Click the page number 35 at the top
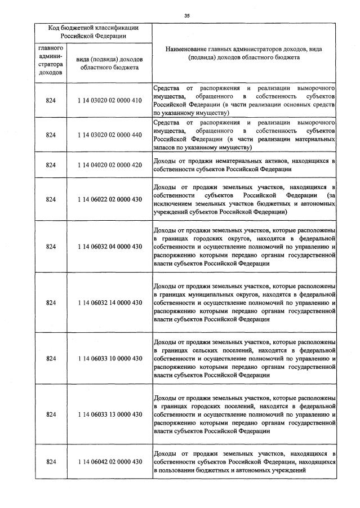click(186, 16)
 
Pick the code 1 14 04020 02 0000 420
click(109, 165)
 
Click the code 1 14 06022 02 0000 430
click(109, 199)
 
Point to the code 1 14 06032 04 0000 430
click(109, 247)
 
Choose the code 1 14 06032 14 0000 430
click(109, 302)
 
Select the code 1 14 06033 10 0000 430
click(109, 358)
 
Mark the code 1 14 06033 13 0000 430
click(109, 415)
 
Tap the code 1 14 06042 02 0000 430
click(109, 462)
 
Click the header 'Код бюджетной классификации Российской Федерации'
click(93, 32)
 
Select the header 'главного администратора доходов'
click(51, 60)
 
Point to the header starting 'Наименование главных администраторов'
click(244, 53)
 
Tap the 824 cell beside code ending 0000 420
click(51, 165)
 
